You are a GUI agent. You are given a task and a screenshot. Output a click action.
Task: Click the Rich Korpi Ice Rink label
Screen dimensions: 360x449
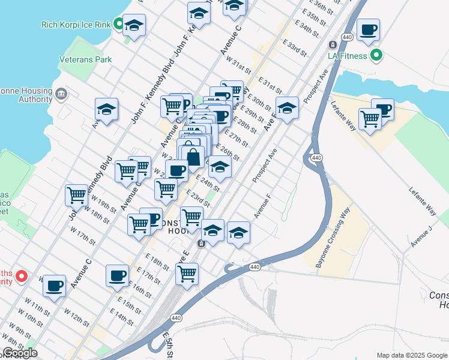coord(76,25)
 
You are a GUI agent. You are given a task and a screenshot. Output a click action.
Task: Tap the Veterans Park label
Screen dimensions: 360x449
coord(86,60)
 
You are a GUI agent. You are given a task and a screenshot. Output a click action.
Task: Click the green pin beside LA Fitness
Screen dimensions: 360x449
coord(376,56)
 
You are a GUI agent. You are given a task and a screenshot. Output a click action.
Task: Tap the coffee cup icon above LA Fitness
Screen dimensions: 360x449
coord(368,29)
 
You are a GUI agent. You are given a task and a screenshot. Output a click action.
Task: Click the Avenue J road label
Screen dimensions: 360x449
coord(421,237)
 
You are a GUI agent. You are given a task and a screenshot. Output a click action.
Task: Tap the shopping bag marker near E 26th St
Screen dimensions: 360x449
coord(194,157)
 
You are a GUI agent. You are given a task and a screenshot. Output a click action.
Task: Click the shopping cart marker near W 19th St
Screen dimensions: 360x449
coord(76,195)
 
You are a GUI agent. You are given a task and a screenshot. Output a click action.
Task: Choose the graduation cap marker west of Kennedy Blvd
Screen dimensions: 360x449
coord(106,109)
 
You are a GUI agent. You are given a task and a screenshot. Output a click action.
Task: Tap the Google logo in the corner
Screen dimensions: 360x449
coord(20,353)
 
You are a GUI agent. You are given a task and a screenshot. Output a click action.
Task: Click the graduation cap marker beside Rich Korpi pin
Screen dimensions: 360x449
coord(134,26)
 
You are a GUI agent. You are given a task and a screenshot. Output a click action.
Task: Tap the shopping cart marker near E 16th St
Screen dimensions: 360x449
coord(187,273)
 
